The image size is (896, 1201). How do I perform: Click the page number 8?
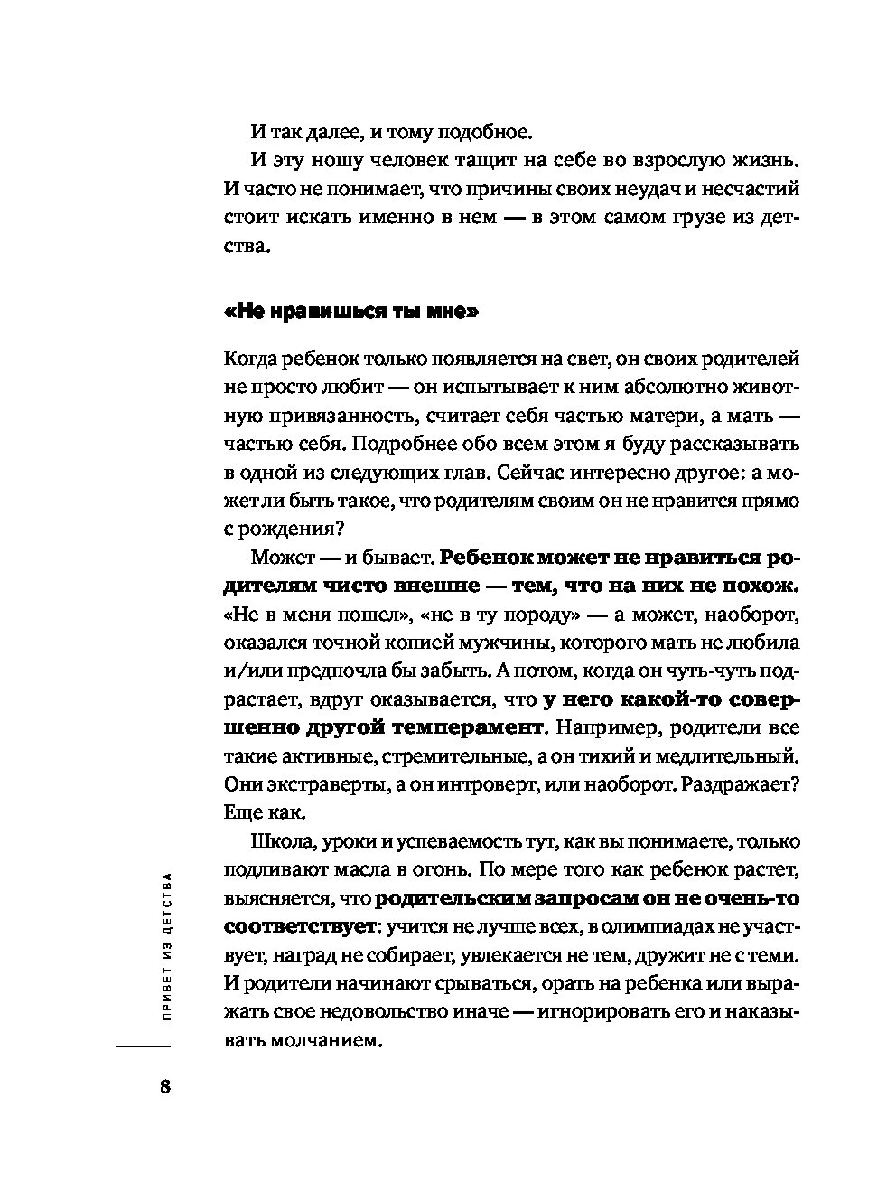point(164,1085)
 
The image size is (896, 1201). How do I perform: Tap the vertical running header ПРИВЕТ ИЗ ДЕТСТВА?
point(164,945)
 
